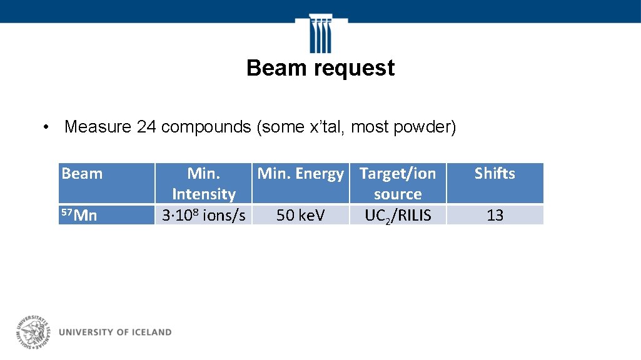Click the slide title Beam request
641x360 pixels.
coord(320,68)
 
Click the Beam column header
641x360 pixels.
coord(82,174)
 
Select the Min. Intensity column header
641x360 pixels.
coord(203,183)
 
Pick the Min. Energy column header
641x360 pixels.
coord(300,174)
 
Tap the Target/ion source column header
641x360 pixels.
coord(397,183)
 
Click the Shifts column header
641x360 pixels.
coord(494,174)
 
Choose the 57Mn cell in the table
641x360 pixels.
coord(79,216)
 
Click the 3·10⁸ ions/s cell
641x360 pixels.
coord(203,216)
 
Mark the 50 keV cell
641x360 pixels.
coord(300,216)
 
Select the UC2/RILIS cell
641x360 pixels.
coord(397,216)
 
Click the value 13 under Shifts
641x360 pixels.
coord(495,216)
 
